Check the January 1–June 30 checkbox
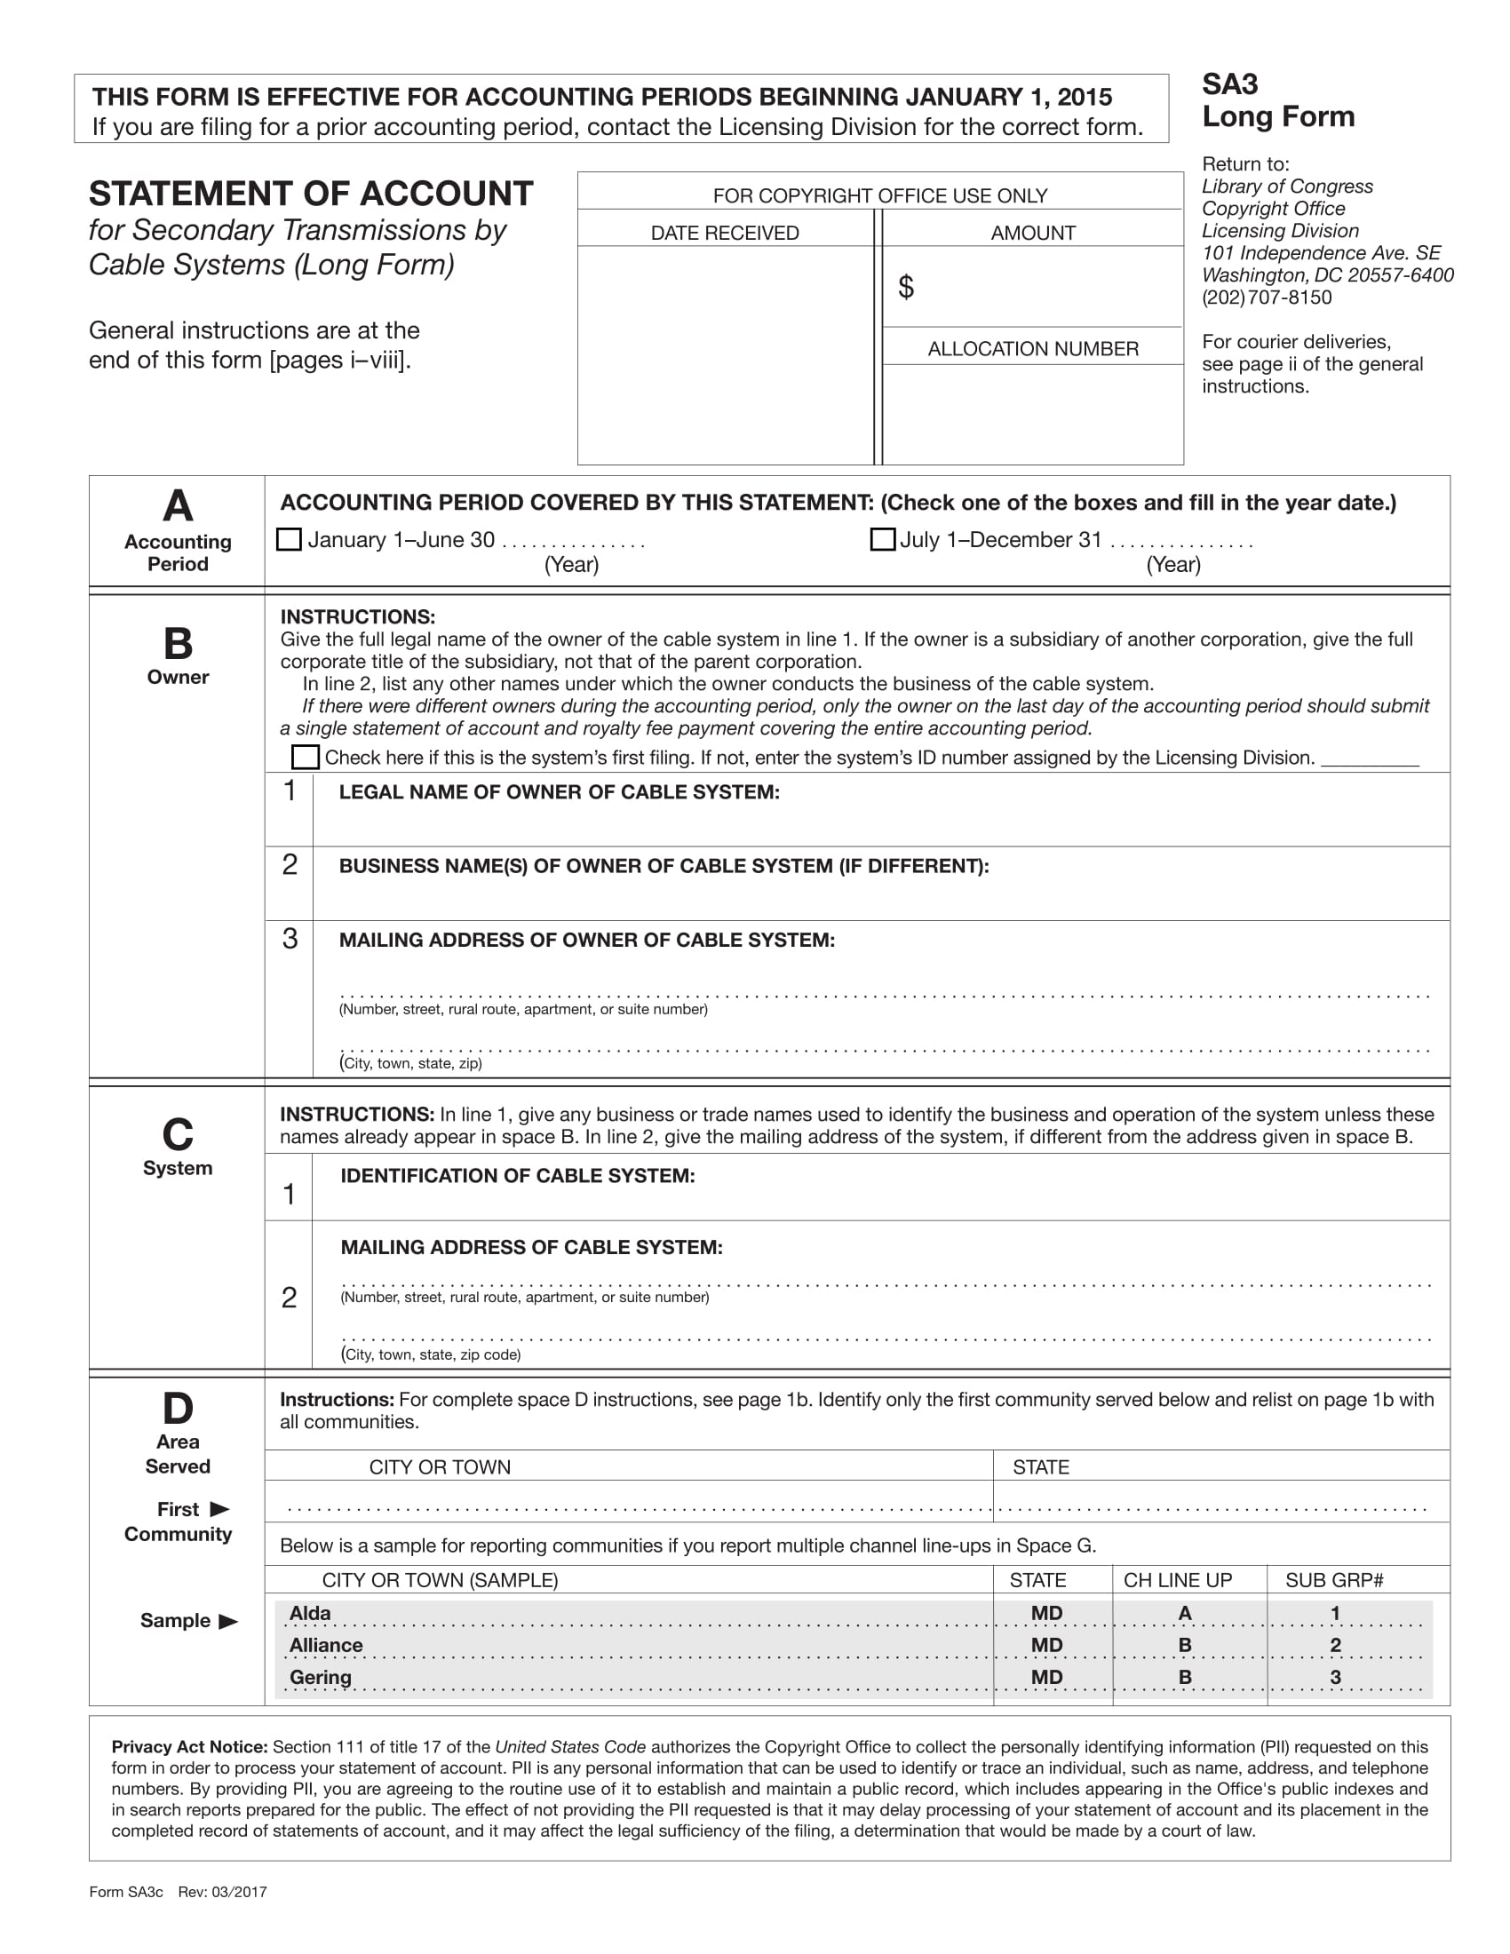[x=288, y=539]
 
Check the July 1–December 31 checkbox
[x=882, y=539]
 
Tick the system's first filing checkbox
[x=305, y=757]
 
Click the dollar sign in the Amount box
[x=905, y=287]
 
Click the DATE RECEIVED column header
[x=725, y=233]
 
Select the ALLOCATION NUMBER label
[x=1032, y=349]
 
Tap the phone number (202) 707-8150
[x=1266, y=297]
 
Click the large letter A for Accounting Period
[x=177, y=506]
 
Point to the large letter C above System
[x=177, y=1134]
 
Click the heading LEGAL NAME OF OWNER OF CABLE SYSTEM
[x=558, y=791]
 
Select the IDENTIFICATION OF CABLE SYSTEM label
[x=517, y=1176]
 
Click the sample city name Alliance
[x=326, y=1644]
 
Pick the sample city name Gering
[x=321, y=1677]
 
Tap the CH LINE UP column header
[x=1177, y=1580]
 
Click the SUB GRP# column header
[x=1334, y=1580]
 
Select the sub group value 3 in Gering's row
[x=1335, y=1677]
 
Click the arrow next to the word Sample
[x=228, y=1620]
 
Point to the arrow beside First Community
[x=219, y=1509]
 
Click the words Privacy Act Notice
[x=188, y=1746]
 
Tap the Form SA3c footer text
[x=126, y=1891]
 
